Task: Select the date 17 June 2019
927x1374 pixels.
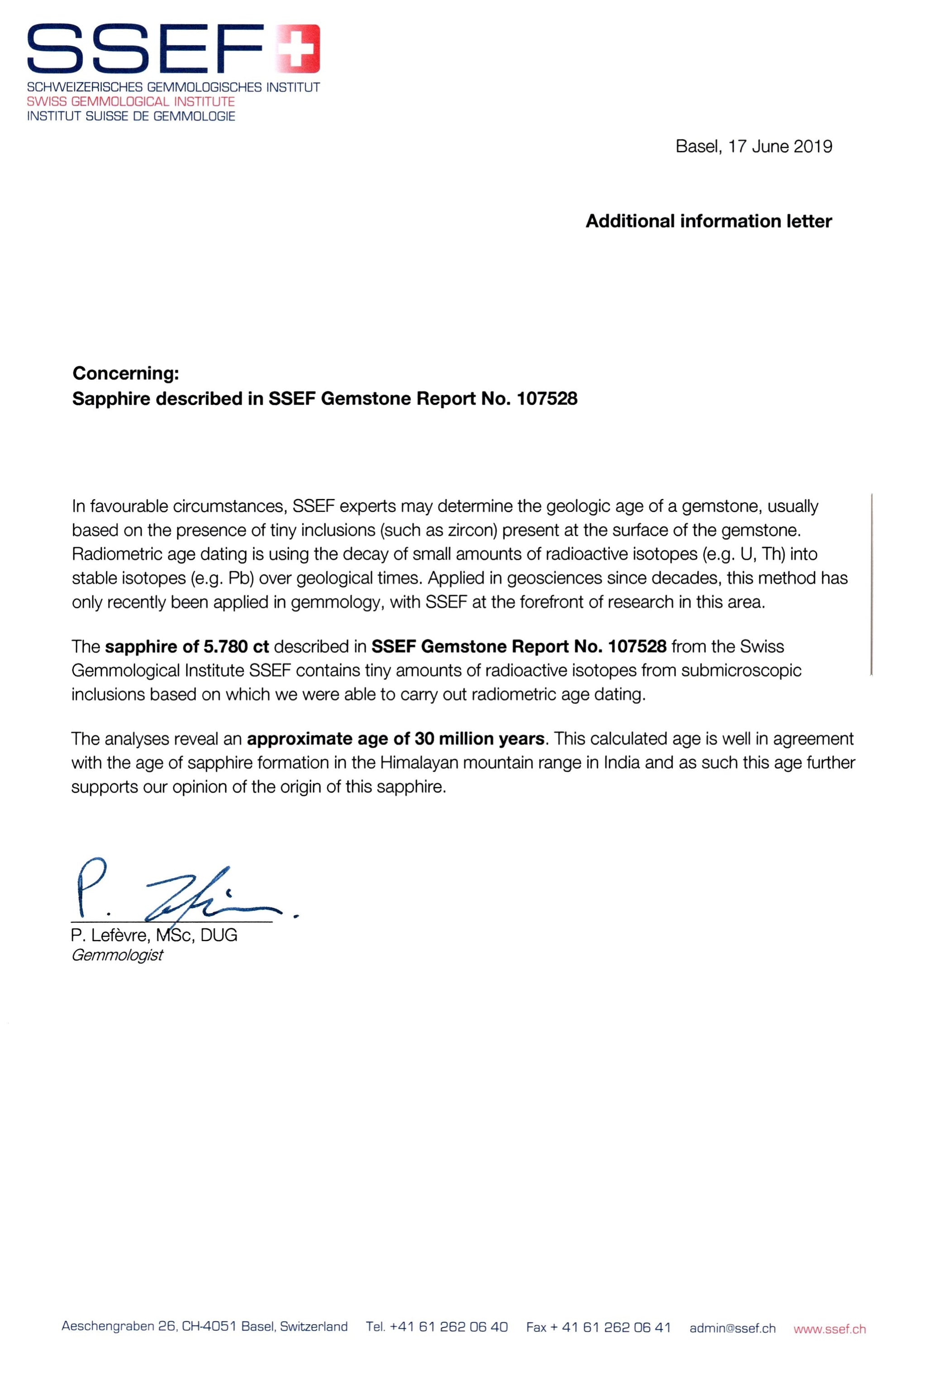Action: (780, 147)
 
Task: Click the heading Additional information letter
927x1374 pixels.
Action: (708, 221)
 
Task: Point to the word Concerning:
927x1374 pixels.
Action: (125, 373)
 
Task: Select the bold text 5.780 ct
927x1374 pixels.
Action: (236, 646)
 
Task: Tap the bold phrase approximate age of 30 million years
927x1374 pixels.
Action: (396, 738)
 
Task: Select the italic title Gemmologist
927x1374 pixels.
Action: (117, 955)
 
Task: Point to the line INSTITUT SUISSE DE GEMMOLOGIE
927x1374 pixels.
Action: (131, 116)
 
